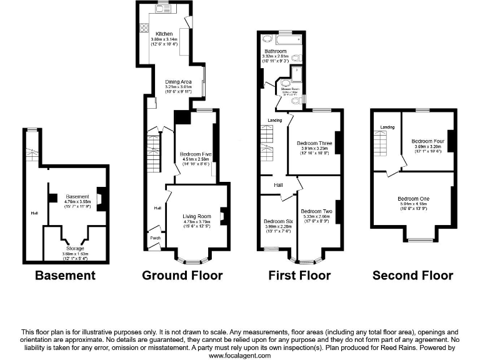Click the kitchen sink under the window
click(x=162, y=10)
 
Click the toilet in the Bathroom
click(x=296, y=59)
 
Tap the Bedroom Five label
click(x=195, y=154)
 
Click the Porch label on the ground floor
click(x=154, y=238)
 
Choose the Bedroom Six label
click(x=277, y=221)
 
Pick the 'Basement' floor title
click(x=65, y=275)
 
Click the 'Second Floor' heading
click(x=412, y=275)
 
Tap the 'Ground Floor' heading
click(x=182, y=275)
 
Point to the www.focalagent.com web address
click(x=239, y=355)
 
